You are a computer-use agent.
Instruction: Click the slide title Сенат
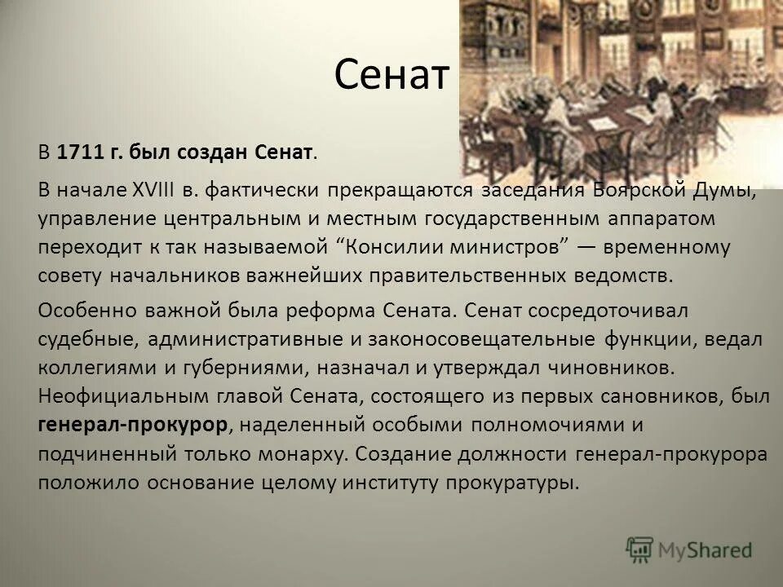click(393, 77)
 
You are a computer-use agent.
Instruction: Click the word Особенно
click(80, 311)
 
